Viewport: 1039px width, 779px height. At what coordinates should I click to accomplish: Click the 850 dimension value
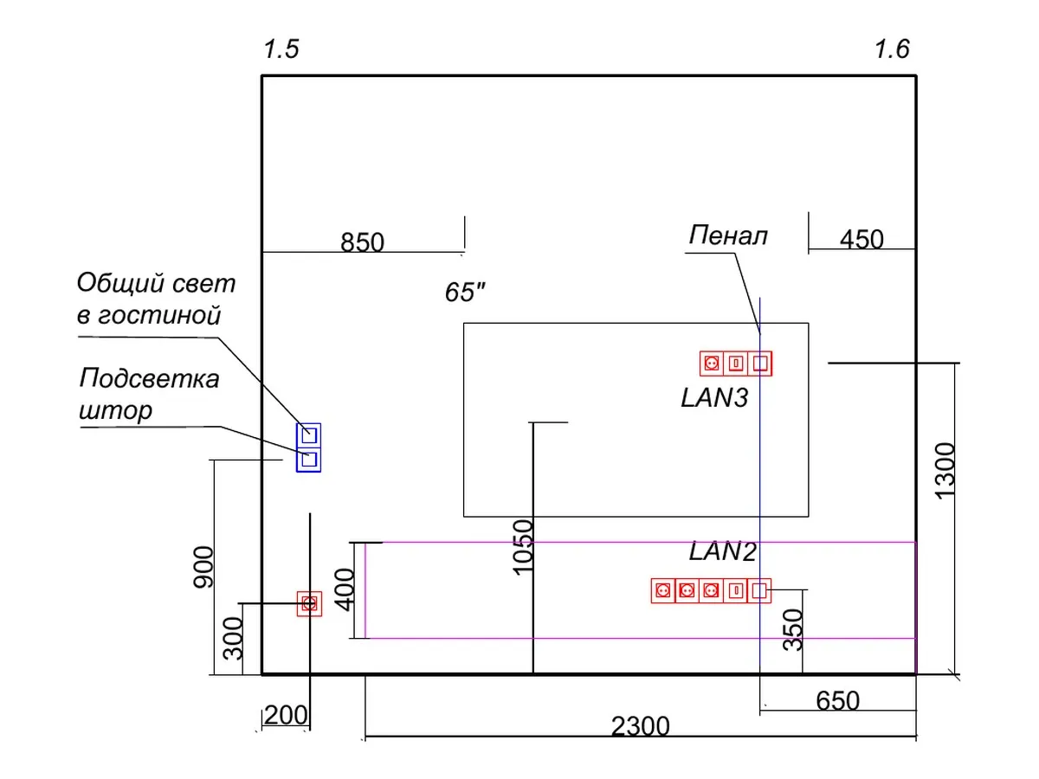click(x=362, y=242)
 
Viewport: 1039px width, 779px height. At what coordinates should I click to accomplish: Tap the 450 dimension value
click(x=861, y=239)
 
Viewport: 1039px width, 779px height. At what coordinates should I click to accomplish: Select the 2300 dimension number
click(x=640, y=725)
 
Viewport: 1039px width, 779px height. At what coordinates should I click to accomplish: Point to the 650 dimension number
click(x=837, y=700)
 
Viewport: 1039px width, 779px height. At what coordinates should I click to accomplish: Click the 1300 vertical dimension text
click(x=945, y=471)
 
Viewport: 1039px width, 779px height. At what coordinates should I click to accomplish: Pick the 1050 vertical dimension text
click(x=523, y=547)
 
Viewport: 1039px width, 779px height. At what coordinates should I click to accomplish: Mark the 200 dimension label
click(x=286, y=715)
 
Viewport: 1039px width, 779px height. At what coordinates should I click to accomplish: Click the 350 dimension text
click(x=793, y=629)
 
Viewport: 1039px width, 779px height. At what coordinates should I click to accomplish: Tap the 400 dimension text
click(x=344, y=589)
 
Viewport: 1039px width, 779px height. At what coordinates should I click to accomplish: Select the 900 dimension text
click(x=203, y=567)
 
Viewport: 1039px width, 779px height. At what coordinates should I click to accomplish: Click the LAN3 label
click(x=714, y=397)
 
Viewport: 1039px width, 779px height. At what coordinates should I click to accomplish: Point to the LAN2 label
click(x=722, y=551)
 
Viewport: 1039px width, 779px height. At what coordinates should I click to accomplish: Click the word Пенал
click(x=728, y=235)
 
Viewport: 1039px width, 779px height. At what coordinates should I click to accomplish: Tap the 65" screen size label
click(x=465, y=292)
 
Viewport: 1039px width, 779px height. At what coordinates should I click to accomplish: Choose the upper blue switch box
click(x=308, y=435)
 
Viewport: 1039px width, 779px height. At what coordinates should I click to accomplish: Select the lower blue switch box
click(x=308, y=460)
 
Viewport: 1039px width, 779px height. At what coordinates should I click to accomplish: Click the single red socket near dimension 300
click(x=310, y=603)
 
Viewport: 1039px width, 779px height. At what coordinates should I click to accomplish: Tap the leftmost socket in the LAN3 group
click(x=712, y=364)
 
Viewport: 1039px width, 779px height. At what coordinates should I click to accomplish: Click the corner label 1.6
click(x=892, y=49)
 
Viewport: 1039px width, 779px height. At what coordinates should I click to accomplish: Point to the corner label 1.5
click(x=281, y=49)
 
